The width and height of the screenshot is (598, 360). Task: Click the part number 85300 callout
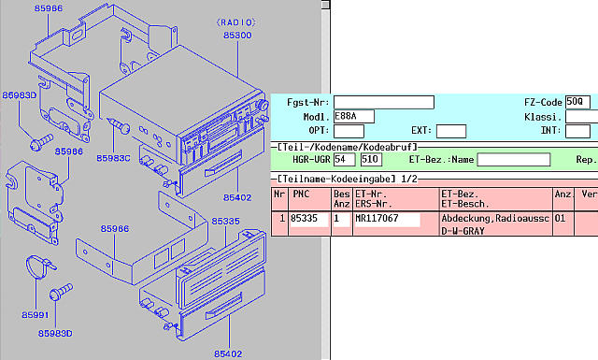pyautogui.click(x=237, y=36)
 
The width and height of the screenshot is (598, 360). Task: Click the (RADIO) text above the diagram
pyautogui.click(x=236, y=22)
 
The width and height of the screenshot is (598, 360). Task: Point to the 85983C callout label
pyautogui.click(x=113, y=158)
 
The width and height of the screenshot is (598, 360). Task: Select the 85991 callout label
pyautogui.click(x=36, y=315)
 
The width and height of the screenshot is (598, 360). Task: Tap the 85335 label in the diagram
pyautogui.click(x=226, y=222)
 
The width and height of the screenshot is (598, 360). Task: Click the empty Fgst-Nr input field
pyautogui.click(x=384, y=102)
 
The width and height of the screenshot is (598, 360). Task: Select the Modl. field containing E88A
pyautogui.click(x=353, y=117)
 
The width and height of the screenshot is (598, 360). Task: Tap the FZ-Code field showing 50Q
pyautogui.click(x=577, y=102)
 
